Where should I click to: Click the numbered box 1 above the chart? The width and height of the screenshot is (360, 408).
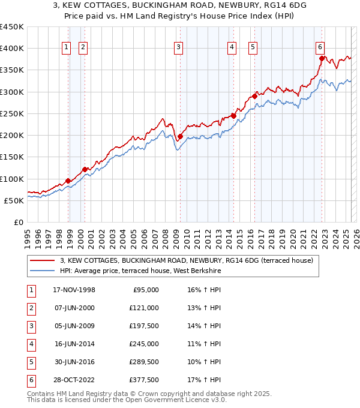point(65,49)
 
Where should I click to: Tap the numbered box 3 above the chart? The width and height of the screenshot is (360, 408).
point(179,49)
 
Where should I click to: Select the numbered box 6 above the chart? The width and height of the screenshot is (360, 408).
point(320,49)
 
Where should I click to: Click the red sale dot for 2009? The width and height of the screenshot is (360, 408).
point(180,137)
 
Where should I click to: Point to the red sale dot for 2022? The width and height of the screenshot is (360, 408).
point(322,58)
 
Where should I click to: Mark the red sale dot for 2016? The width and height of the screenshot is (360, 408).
point(255,96)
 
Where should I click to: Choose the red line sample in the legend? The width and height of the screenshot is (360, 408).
point(42,260)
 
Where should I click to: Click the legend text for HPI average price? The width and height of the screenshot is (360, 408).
point(140,271)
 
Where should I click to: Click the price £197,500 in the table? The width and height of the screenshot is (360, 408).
point(145,326)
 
